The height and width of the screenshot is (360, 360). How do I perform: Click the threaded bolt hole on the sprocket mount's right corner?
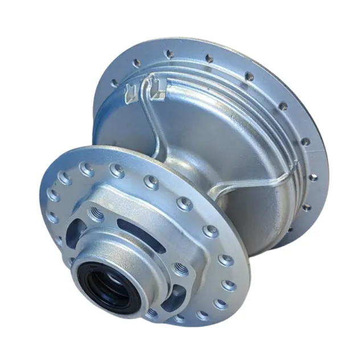(181, 268)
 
